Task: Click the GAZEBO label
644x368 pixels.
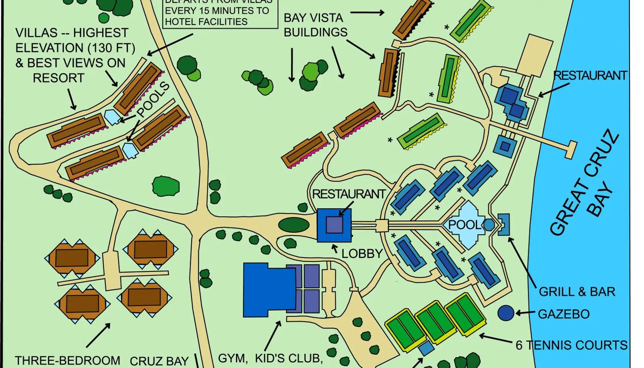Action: (x=563, y=314)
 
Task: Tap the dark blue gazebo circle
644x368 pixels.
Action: (x=506, y=313)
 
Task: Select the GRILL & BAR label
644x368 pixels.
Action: (x=577, y=292)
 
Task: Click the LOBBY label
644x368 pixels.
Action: (x=362, y=254)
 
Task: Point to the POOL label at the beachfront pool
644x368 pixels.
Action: (x=464, y=225)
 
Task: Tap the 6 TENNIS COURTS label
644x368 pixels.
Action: (x=571, y=345)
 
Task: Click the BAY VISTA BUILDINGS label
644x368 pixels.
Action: (x=315, y=25)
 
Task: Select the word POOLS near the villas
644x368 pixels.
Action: (x=153, y=99)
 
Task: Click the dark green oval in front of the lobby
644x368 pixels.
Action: (x=294, y=225)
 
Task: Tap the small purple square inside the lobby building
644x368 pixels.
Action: (x=334, y=225)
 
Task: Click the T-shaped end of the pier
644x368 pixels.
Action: (x=571, y=150)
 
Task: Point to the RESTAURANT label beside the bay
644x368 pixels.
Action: (x=590, y=75)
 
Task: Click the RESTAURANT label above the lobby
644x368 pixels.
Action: (x=349, y=194)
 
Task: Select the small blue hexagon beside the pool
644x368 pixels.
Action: (x=489, y=225)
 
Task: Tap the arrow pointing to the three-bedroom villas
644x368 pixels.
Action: (x=98, y=335)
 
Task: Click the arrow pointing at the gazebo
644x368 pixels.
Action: (x=525, y=313)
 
